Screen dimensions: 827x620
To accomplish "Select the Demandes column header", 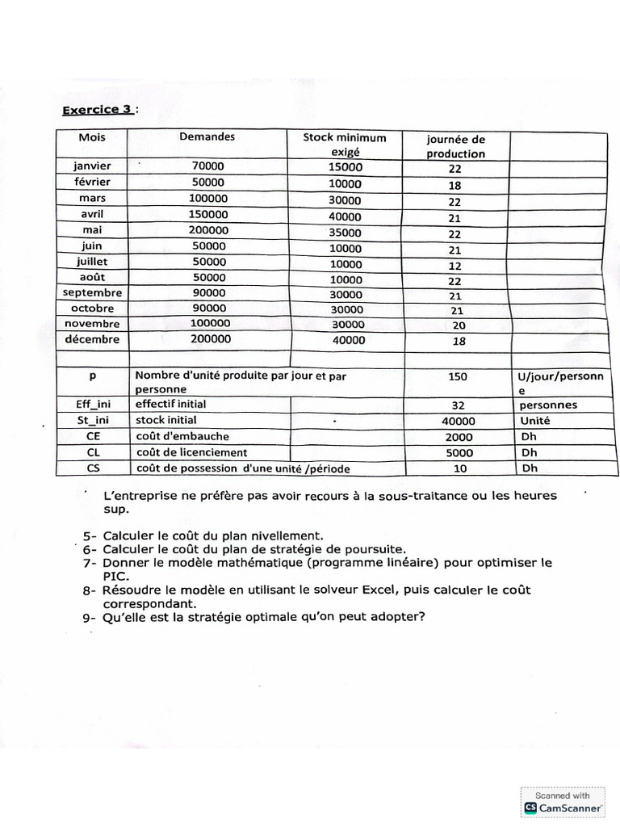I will (x=207, y=136).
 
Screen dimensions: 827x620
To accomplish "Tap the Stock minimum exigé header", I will (x=345, y=145).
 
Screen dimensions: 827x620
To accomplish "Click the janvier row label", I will (x=92, y=166).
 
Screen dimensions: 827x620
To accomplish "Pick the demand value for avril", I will (x=208, y=214).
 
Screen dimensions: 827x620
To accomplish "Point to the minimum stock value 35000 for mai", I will (x=346, y=231).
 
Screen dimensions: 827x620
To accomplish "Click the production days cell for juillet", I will (x=455, y=265).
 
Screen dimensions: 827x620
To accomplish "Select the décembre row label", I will (x=92, y=339).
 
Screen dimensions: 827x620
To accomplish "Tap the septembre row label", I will (x=92, y=292).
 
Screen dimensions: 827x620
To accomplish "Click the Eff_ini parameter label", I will (x=92, y=404).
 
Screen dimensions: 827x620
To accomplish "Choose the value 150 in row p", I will (x=458, y=376).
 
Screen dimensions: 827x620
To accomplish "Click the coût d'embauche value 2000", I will (x=458, y=437).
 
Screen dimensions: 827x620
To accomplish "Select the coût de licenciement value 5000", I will (x=458, y=453).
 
